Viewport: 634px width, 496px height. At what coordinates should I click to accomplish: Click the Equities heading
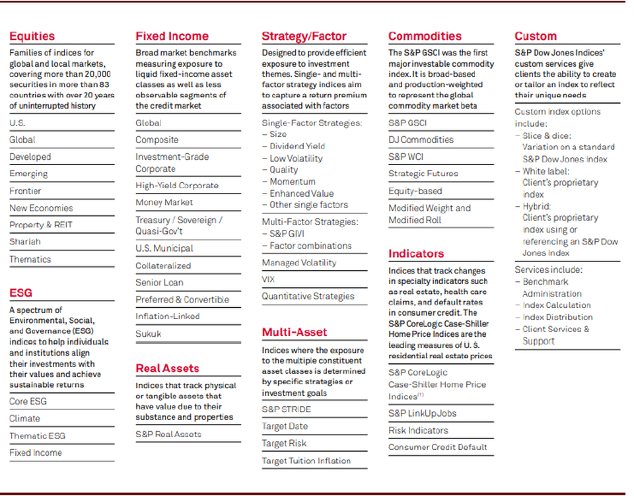32,36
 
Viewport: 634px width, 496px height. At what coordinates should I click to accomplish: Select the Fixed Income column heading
172,36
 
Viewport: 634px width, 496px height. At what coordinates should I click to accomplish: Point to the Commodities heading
425,36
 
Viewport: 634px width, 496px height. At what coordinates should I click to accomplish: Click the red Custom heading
536,36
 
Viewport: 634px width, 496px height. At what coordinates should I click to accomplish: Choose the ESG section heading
20,293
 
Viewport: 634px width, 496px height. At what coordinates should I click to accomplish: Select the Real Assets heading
167,368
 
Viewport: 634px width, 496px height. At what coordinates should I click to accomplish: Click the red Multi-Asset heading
294,332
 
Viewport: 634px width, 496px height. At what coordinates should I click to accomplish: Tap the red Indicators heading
416,254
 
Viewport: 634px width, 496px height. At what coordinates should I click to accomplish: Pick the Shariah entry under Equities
24,242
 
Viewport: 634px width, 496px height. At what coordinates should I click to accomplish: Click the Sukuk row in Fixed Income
148,334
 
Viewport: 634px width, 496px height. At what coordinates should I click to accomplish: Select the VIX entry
268,279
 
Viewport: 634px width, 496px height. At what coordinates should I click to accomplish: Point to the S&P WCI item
405,157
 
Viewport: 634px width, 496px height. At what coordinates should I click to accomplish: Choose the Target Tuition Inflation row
306,461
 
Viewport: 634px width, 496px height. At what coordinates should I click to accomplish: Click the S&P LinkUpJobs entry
422,413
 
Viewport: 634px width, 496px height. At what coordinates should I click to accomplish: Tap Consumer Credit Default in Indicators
437,447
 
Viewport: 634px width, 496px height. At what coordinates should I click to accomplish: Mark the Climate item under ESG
24,419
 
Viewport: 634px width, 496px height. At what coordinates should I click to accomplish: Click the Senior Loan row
159,283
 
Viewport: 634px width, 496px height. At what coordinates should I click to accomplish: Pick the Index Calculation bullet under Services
557,305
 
